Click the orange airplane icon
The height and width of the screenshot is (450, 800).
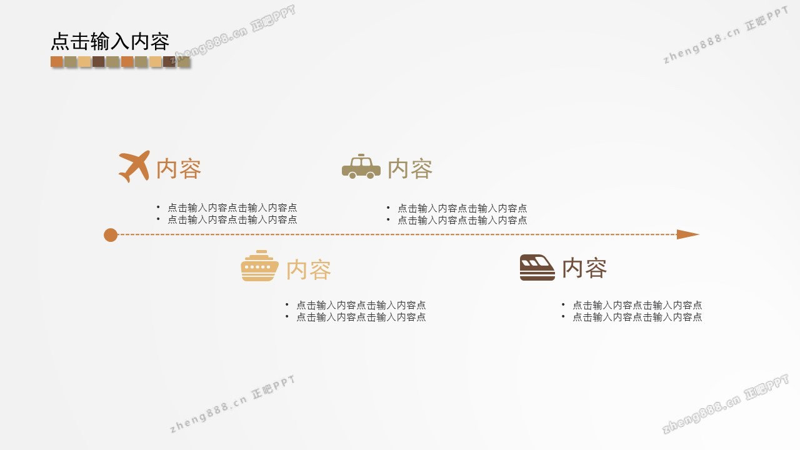tap(134, 166)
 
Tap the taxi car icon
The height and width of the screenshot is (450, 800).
tap(361, 166)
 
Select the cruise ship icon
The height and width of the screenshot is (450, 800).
tap(259, 266)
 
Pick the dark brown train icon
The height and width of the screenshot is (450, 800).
tap(537, 267)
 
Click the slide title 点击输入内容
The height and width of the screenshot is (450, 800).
tap(110, 41)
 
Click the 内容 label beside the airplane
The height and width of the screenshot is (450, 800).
tap(179, 169)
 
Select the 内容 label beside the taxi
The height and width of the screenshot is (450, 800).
tap(410, 169)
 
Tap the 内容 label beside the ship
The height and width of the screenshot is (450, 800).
tap(309, 269)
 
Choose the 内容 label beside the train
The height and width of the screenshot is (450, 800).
tap(584, 268)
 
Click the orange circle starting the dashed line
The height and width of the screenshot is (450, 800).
tap(111, 235)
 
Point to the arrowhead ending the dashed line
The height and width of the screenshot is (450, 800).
tap(688, 234)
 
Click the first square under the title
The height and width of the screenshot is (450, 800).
tap(57, 61)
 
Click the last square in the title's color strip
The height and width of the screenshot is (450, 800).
tap(184, 61)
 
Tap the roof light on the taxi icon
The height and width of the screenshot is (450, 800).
tap(361, 156)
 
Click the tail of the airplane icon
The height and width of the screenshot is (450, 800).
tap(125, 177)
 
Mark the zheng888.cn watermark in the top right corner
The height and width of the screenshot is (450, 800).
tap(726, 36)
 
